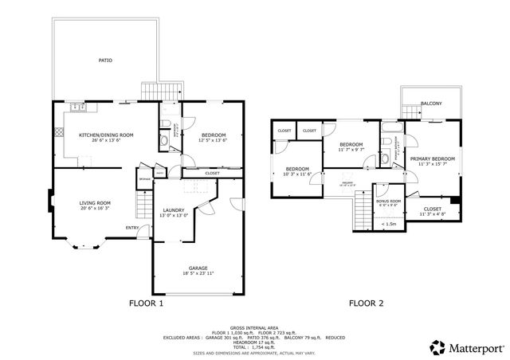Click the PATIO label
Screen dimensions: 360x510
click(x=105, y=61)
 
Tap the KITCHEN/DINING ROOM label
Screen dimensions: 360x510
click(x=105, y=135)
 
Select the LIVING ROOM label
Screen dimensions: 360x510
click(x=95, y=203)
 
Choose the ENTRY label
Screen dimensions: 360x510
click(x=131, y=229)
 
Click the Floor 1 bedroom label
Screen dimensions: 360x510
click(x=213, y=135)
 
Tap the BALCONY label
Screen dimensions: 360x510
click(x=430, y=104)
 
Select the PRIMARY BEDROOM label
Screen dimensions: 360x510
click(x=433, y=158)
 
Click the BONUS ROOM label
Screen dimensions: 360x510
click(x=388, y=201)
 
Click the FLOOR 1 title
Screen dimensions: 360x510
click(x=146, y=303)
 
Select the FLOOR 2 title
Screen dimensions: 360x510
click(x=366, y=303)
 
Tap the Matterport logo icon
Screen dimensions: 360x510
click(x=437, y=346)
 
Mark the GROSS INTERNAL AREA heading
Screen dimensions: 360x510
click(x=254, y=327)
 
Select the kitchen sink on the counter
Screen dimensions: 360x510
click(x=77, y=108)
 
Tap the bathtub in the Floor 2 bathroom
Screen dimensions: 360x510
click(x=391, y=127)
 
